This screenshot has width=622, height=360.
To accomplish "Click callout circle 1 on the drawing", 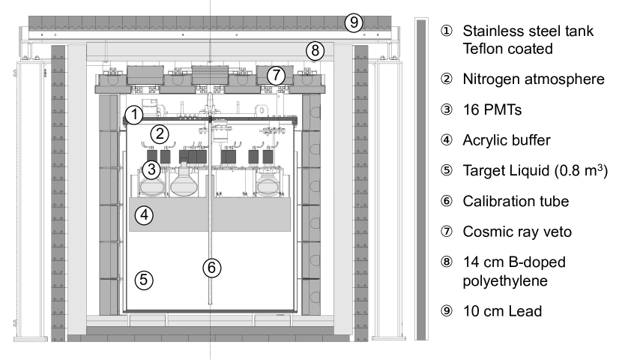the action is [134, 115].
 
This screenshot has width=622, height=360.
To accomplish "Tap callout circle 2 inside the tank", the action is [160, 134].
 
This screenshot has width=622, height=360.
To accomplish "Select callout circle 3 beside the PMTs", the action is [151, 169].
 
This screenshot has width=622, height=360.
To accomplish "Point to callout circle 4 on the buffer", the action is [144, 215].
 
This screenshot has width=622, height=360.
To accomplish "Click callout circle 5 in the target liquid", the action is [144, 280].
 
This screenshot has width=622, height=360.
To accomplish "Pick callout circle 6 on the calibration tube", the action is [212, 268].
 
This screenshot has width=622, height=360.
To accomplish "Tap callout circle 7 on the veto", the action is [276, 75].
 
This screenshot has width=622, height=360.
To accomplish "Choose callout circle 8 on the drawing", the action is [315, 51].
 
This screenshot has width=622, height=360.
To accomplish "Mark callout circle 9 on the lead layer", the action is [354, 22].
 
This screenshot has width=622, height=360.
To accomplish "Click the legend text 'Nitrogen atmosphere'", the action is [534, 79].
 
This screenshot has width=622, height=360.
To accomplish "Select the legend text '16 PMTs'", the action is [492, 109].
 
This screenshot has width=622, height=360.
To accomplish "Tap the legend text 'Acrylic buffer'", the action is [507, 140].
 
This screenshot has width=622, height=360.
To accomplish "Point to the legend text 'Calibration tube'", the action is [516, 201].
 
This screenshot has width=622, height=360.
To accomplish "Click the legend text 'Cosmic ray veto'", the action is [517, 232].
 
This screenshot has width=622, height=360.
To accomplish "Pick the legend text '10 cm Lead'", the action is [502, 311].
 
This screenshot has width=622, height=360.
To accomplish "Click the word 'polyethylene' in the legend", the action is [505, 281].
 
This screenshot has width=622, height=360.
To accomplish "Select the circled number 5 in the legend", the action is [447, 171].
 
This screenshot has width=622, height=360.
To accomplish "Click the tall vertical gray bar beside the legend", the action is [421, 179].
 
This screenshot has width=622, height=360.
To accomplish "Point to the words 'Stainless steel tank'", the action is [528, 31].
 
